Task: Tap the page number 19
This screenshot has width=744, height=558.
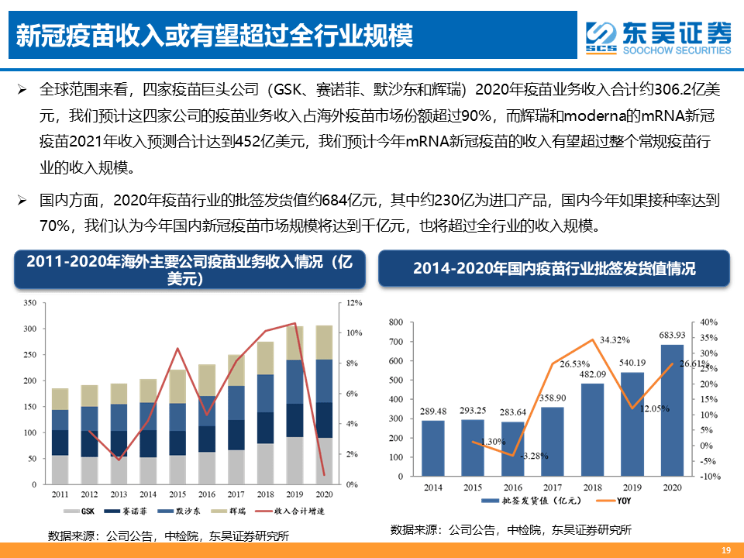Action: [x=726, y=549]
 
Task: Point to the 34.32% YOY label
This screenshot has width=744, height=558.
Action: [x=614, y=339]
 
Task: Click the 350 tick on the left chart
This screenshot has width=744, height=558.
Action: [x=29, y=302]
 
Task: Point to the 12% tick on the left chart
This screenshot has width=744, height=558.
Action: [x=355, y=302]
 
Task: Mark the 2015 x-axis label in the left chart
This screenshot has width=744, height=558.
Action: [x=177, y=494]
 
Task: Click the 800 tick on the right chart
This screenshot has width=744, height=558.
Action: [x=395, y=322]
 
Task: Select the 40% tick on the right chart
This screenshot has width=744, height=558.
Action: [x=708, y=322]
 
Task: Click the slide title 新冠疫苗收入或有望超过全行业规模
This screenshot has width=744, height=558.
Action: [x=215, y=35]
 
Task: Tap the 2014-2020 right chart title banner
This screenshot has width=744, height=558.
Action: [x=553, y=269]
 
